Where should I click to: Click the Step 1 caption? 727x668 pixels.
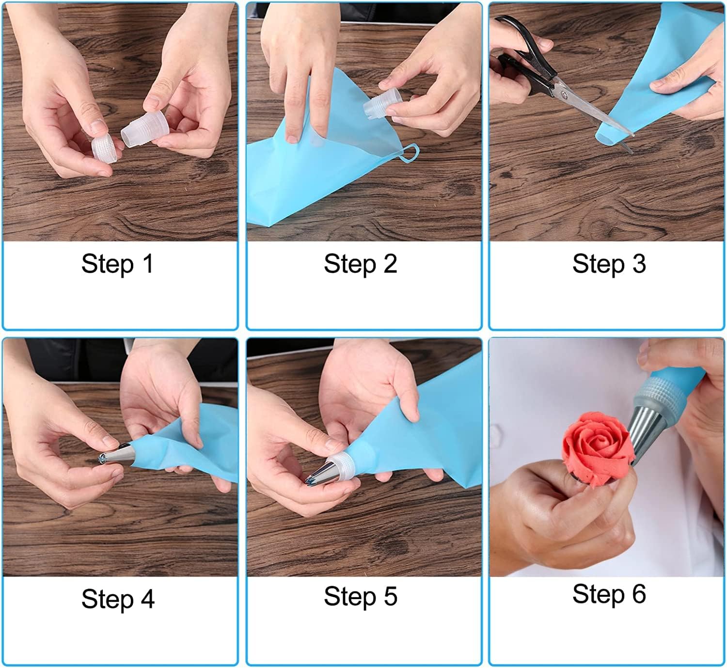click(117, 264)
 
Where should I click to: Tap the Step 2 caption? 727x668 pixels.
click(360, 264)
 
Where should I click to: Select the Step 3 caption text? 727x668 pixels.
click(609, 264)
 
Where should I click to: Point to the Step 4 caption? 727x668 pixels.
click(118, 600)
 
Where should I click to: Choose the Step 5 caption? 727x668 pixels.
click(360, 597)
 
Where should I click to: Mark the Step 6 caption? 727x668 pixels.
click(609, 594)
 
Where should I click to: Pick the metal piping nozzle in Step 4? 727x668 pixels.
click(116, 454)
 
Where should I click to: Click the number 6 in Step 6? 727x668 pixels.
click(639, 594)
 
